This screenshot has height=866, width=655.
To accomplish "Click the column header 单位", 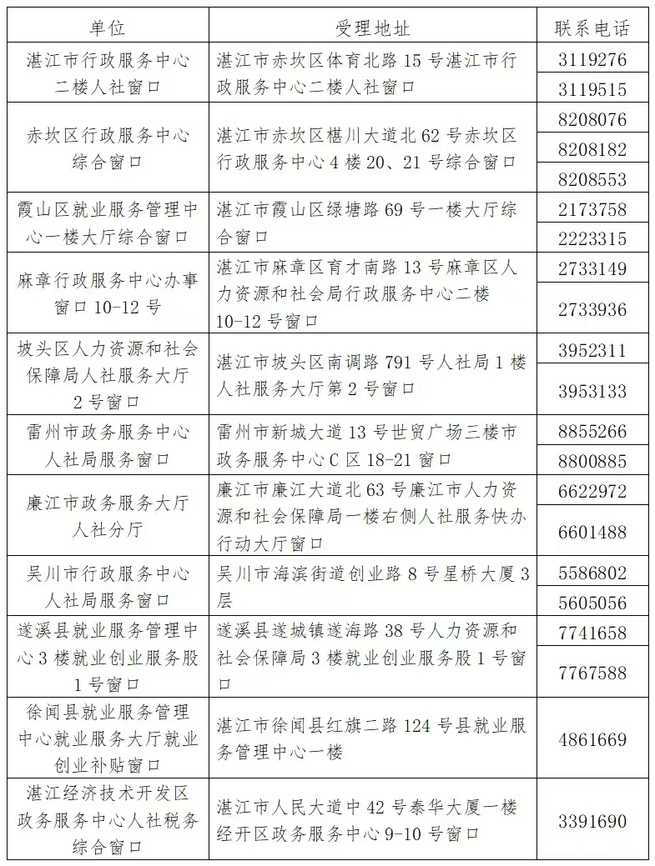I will click(x=107, y=28).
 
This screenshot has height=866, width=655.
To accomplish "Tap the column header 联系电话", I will click(x=592, y=28).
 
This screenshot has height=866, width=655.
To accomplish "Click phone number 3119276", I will click(x=592, y=61).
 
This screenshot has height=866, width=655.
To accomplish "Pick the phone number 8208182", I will click(x=592, y=150).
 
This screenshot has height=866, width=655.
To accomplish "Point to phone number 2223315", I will click(x=592, y=238).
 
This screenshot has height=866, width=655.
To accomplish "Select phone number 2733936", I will click(x=592, y=309).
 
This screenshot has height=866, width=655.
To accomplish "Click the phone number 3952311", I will click(x=592, y=350).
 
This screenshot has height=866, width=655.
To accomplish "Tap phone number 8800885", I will click(x=592, y=460).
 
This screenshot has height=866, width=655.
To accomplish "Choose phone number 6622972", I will click(x=592, y=491).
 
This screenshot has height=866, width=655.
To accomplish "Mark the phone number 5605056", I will click(x=592, y=603).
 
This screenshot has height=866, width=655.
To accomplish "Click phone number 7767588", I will click(x=592, y=672).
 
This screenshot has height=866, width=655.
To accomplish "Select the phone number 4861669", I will click(x=592, y=739).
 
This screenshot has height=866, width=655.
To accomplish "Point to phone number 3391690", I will click(x=592, y=821).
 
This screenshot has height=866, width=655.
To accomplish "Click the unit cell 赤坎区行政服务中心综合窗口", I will click(x=107, y=148).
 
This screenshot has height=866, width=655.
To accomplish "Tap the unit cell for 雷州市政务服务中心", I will click(x=107, y=445).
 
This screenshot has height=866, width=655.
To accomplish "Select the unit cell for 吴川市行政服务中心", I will click(x=107, y=587).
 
